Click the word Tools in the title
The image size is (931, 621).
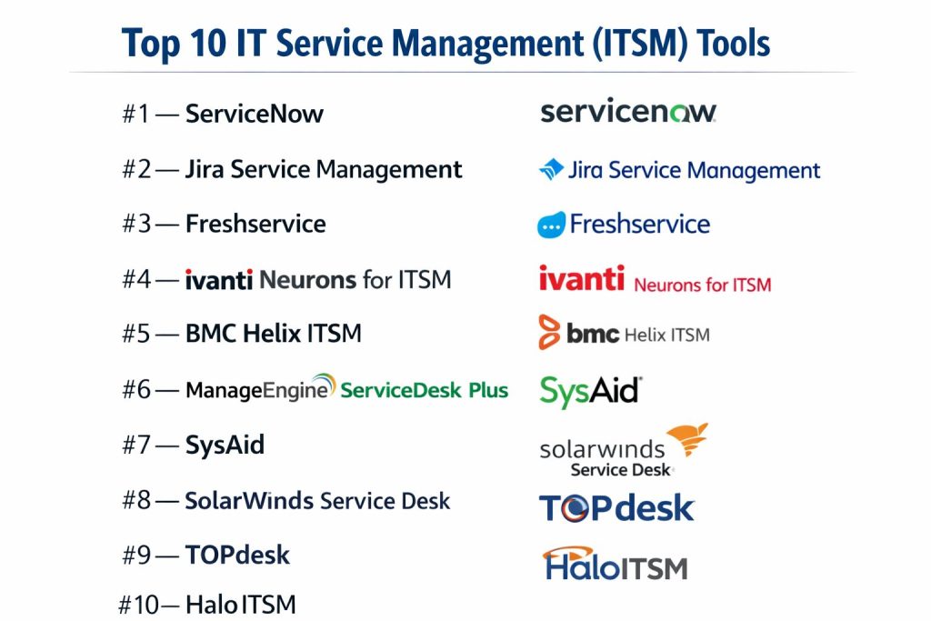pyautogui.click(x=734, y=44)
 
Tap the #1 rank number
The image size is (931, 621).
pyautogui.click(x=136, y=114)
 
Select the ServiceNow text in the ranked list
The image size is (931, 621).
pyautogui.click(x=255, y=114)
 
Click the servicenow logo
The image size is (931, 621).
pyautogui.click(x=628, y=111)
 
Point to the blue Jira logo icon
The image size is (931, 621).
pyautogui.click(x=551, y=169)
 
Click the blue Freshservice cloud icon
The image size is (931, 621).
pyautogui.click(x=551, y=225)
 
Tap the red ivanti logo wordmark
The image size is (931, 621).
pyautogui.click(x=581, y=278)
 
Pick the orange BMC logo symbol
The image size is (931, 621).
pyautogui.click(x=549, y=332)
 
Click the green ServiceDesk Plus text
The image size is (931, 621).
pyautogui.click(x=424, y=390)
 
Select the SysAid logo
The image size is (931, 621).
pyautogui.click(x=591, y=391)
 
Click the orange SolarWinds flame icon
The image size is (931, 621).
pyautogui.click(x=688, y=439)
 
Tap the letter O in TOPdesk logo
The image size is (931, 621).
pyautogui.click(x=575, y=508)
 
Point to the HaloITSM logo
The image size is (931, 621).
pyautogui.click(x=616, y=564)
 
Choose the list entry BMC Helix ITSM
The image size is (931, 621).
pyautogui.click(x=273, y=333)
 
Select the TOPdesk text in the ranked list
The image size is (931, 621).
pyautogui.click(x=237, y=556)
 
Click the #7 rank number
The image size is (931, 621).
pyautogui.click(x=136, y=445)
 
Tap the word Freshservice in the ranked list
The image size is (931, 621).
pyautogui.click(x=255, y=224)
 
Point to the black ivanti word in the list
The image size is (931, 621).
pyautogui.click(x=218, y=280)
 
